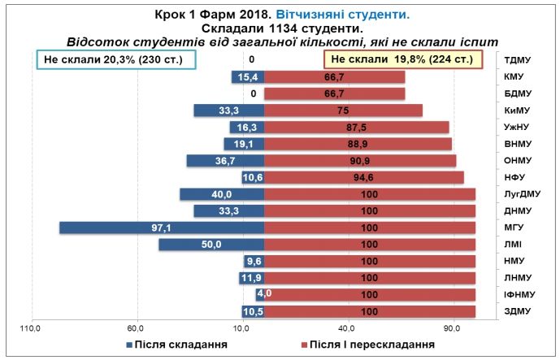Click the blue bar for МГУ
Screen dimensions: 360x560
[x=162, y=228]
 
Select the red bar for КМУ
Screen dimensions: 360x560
[x=335, y=76]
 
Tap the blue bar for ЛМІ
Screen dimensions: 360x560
[x=211, y=244]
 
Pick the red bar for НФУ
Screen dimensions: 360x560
[x=364, y=177]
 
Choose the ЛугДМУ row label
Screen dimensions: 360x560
[x=523, y=194]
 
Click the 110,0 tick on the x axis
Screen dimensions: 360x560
[x=31, y=328]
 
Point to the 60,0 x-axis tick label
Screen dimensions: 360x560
[x=137, y=328]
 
